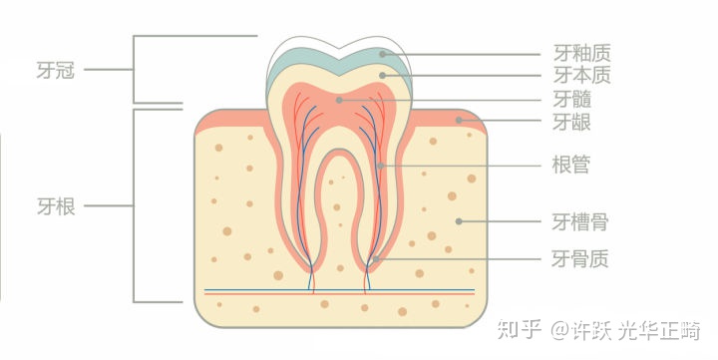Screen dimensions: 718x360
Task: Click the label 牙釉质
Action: coord(580,53)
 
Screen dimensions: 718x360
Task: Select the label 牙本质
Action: coord(580,75)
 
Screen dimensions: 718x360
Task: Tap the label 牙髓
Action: coord(571,99)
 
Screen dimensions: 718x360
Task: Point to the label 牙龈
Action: coord(571,121)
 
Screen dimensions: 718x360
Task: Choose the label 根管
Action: coord(571,165)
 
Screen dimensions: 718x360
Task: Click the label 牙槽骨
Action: coord(580,220)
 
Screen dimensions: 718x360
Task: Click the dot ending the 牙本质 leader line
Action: coord(383,75)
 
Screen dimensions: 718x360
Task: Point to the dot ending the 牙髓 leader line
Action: coord(339,99)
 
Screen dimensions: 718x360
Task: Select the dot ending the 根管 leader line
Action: coord(381,165)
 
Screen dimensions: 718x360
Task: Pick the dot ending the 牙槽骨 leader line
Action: coord(458,220)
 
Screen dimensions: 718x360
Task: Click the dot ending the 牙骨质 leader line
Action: coord(376,259)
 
